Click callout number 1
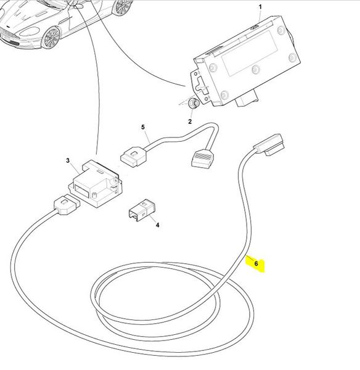[x=260, y=7]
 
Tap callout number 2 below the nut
[x=190, y=121]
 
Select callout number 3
[x=68, y=161]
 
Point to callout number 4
[x=157, y=225]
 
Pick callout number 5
[x=143, y=128]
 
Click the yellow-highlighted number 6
[x=256, y=263]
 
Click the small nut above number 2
[x=194, y=103]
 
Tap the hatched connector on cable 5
[x=203, y=158]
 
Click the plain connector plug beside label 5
[x=134, y=156]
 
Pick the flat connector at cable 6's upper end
[x=269, y=144]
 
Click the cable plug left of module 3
[x=67, y=204]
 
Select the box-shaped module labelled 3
[x=96, y=184]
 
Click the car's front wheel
[x=51, y=38]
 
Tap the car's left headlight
[x=31, y=31]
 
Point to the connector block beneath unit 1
[x=247, y=99]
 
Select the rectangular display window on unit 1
[x=250, y=53]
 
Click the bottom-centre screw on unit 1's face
[x=255, y=69]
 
